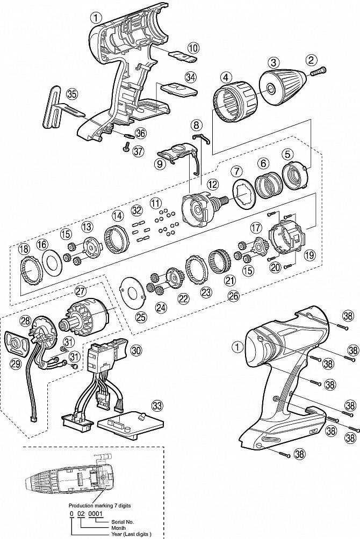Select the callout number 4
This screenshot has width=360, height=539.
228,77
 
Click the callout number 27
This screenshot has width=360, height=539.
81,291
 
